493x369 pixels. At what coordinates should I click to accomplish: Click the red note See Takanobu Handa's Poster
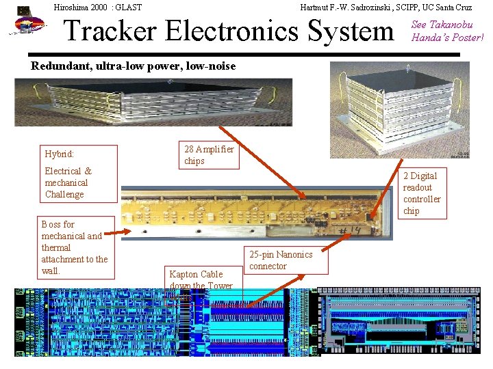[x=446, y=31]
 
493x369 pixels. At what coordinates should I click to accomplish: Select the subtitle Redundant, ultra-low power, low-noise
[x=134, y=66]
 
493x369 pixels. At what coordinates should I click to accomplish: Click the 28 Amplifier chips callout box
[x=210, y=155]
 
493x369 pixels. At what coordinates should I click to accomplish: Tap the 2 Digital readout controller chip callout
[x=422, y=193]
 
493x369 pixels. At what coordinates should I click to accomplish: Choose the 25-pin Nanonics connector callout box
[x=281, y=260]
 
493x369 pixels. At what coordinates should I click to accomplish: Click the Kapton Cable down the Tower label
[x=201, y=280]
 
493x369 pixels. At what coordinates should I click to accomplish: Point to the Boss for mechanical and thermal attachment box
[x=75, y=247]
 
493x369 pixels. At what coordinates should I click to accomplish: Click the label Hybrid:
[x=59, y=154]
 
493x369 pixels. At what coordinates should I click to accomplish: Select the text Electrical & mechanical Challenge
[x=68, y=182]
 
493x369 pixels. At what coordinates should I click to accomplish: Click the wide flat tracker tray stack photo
[x=153, y=102]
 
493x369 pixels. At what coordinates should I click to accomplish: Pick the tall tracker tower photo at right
[x=399, y=109]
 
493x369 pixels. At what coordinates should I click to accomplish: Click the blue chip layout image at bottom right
[x=404, y=321]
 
